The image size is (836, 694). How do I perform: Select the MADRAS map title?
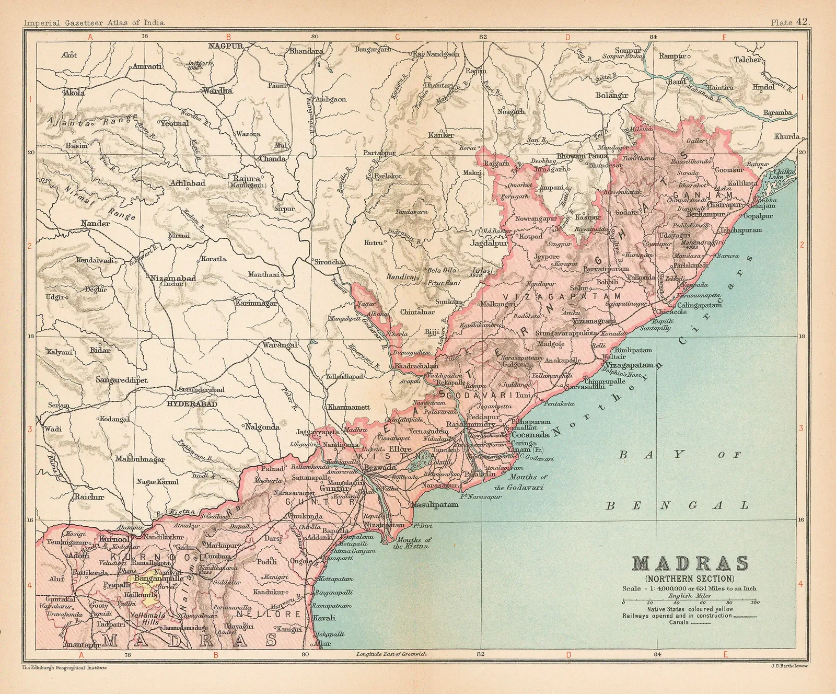pos(690,564)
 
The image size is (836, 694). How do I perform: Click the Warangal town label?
pos(280,345)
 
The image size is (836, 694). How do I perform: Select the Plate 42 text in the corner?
pos(790,22)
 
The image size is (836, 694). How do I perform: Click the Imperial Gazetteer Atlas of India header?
pos(94,22)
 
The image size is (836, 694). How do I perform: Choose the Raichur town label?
pos(88,497)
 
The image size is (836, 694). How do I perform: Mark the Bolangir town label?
pos(611,95)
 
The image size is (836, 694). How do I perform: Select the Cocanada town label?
pos(530,435)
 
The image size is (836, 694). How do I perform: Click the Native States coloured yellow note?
pos(690,609)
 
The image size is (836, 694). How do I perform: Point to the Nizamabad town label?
pos(173,279)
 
